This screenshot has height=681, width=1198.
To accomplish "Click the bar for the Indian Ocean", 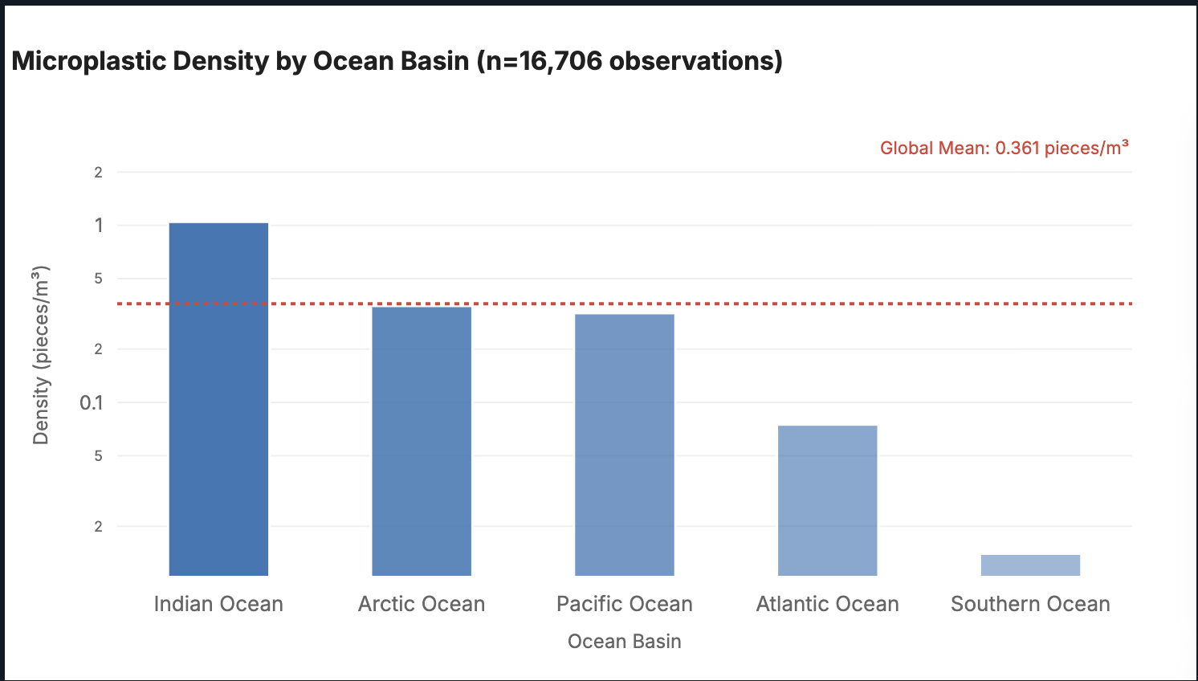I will [x=218, y=398].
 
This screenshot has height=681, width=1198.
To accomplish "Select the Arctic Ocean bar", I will [x=422, y=441].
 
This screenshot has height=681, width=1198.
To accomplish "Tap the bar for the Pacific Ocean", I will [x=625, y=444].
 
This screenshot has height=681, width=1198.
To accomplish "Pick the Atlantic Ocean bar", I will [x=827, y=500].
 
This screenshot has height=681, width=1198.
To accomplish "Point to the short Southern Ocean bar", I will [x=1030, y=565].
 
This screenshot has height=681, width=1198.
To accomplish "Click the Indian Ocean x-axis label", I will [x=218, y=604].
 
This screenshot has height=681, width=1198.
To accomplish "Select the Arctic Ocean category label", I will [x=422, y=604].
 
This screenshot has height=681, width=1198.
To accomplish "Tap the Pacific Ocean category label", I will [x=625, y=604].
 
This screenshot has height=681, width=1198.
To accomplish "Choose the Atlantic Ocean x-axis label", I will [x=827, y=604].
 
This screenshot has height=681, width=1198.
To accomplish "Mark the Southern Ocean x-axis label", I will [x=1030, y=604].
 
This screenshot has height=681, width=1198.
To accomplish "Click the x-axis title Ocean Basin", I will [x=625, y=642].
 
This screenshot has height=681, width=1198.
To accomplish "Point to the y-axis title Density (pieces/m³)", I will [x=41, y=354].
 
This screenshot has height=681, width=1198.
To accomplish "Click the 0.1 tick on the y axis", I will [x=92, y=402].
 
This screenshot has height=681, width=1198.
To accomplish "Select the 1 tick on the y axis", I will [x=99, y=226].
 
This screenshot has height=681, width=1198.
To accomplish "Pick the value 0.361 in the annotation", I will [x=1017, y=148].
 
